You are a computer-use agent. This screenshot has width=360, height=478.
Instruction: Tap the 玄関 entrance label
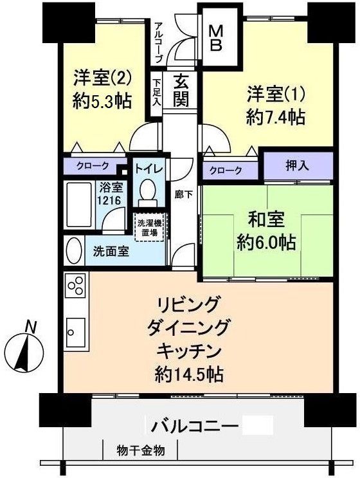tap(181, 90)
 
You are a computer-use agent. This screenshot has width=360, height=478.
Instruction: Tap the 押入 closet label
tap(296, 165)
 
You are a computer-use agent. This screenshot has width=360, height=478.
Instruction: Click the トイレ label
tap(148, 169)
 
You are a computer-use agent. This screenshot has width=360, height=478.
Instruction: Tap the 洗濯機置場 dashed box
tap(148, 227)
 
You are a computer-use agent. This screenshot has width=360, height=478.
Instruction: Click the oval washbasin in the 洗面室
tap(75, 250)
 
